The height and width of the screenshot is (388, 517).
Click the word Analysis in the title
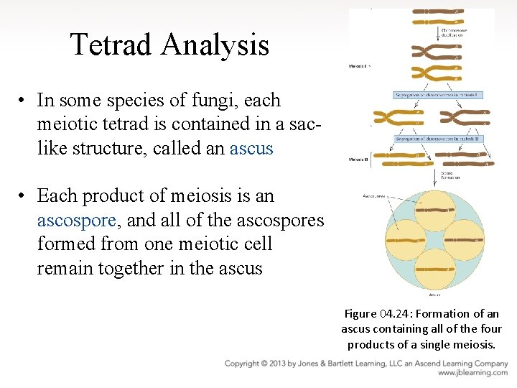click(215, 45)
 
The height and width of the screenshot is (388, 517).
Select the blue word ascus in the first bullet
click(251, 149)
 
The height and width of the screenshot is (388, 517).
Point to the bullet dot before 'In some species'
click(23, 101)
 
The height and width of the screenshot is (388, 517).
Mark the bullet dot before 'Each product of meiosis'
click(23, 196)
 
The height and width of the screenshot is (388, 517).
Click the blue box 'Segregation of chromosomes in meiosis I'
click(438, 96)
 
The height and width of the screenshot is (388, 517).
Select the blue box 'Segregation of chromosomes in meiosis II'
click(438, 138)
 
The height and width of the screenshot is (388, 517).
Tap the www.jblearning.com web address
click(472, 374)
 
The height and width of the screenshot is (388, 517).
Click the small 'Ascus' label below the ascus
click(434, 294)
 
